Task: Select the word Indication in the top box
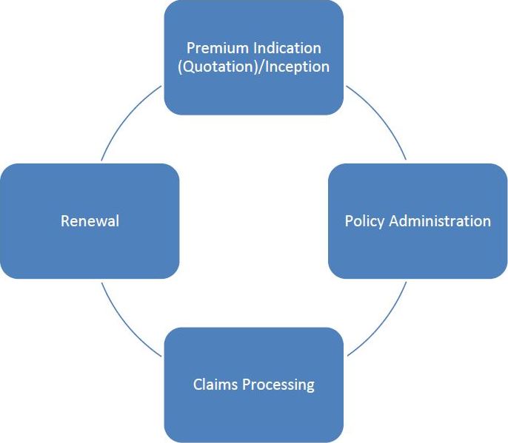tap(287, 48)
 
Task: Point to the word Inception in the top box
tap(297, 67)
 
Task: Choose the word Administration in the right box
tap(440, 221)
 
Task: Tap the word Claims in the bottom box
tap(215, 385)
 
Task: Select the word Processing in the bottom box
tap(278, 385)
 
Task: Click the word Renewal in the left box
tap(90, 221)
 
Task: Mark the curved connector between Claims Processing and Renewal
tap(126, 325)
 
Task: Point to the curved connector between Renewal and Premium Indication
tap(126, 118)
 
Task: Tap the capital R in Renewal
tap(65, 221)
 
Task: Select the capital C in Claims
tap(198, 385)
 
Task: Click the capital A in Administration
tap(394, 221)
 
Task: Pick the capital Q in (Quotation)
tap(188, 67)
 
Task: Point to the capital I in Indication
tap(255, 49)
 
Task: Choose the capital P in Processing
tap(247, 385)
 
